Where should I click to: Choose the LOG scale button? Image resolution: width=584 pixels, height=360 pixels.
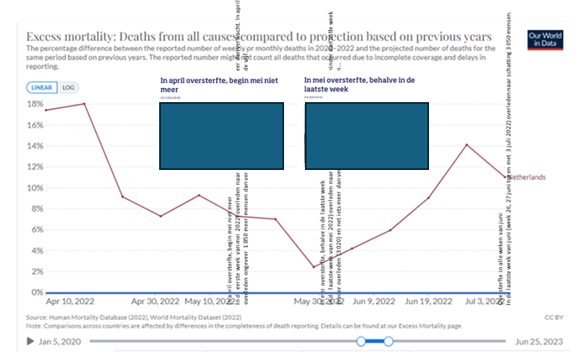pos(68,87)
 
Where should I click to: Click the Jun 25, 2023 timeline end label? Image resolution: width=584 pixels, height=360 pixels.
pos(540,341)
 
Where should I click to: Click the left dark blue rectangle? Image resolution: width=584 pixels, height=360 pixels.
pos(221,136)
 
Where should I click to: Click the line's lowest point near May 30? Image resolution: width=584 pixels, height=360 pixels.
pos(314,267)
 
